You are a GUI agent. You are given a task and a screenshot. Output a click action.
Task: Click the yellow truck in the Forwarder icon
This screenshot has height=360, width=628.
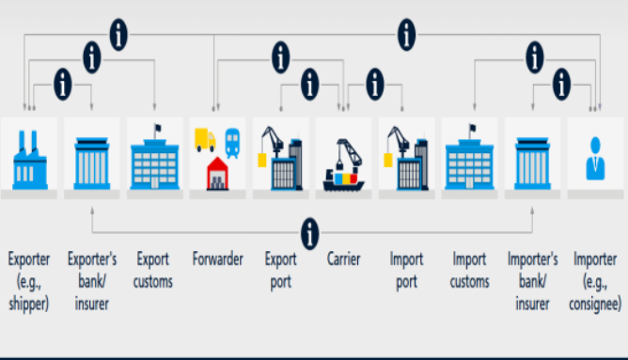tap(205, 140)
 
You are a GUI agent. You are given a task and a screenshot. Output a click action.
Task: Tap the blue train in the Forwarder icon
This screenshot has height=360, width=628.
tap(232, 143)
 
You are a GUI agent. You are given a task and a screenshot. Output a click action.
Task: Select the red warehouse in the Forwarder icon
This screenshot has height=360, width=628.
tap(217, 173)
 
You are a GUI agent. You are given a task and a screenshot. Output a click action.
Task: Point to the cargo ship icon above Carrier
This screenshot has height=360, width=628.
tap(344, 165)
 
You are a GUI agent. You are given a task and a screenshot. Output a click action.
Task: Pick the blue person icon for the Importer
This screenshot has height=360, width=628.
tap(595, 158)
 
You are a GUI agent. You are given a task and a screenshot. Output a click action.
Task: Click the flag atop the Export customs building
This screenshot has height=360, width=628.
tap(157, 129)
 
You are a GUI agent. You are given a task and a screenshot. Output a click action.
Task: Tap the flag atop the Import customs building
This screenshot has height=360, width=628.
tap(472, 129)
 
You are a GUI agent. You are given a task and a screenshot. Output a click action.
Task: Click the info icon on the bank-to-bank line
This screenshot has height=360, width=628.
tap(309, 233)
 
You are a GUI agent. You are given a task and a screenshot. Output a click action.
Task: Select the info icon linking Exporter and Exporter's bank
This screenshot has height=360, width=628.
tap(63, 84)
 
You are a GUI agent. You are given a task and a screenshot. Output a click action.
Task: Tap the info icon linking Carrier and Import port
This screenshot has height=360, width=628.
tap(375, 84)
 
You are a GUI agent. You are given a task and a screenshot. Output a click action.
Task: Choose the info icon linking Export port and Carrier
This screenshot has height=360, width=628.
tap(309, 84)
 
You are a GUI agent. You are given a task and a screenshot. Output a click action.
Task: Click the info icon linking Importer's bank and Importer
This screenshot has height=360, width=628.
tap(561, 84)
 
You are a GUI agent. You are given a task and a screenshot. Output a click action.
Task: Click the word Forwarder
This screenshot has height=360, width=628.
tap(218, 259)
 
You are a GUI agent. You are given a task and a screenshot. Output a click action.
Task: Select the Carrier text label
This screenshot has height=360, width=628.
tap(344, 259)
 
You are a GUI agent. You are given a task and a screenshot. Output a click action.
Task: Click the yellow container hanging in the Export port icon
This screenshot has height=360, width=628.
tap(262, 160)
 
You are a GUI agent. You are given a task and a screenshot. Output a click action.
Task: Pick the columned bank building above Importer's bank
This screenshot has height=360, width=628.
tap(532, 164)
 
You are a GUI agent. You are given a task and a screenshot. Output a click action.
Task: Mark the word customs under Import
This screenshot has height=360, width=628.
tap(469, 282)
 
